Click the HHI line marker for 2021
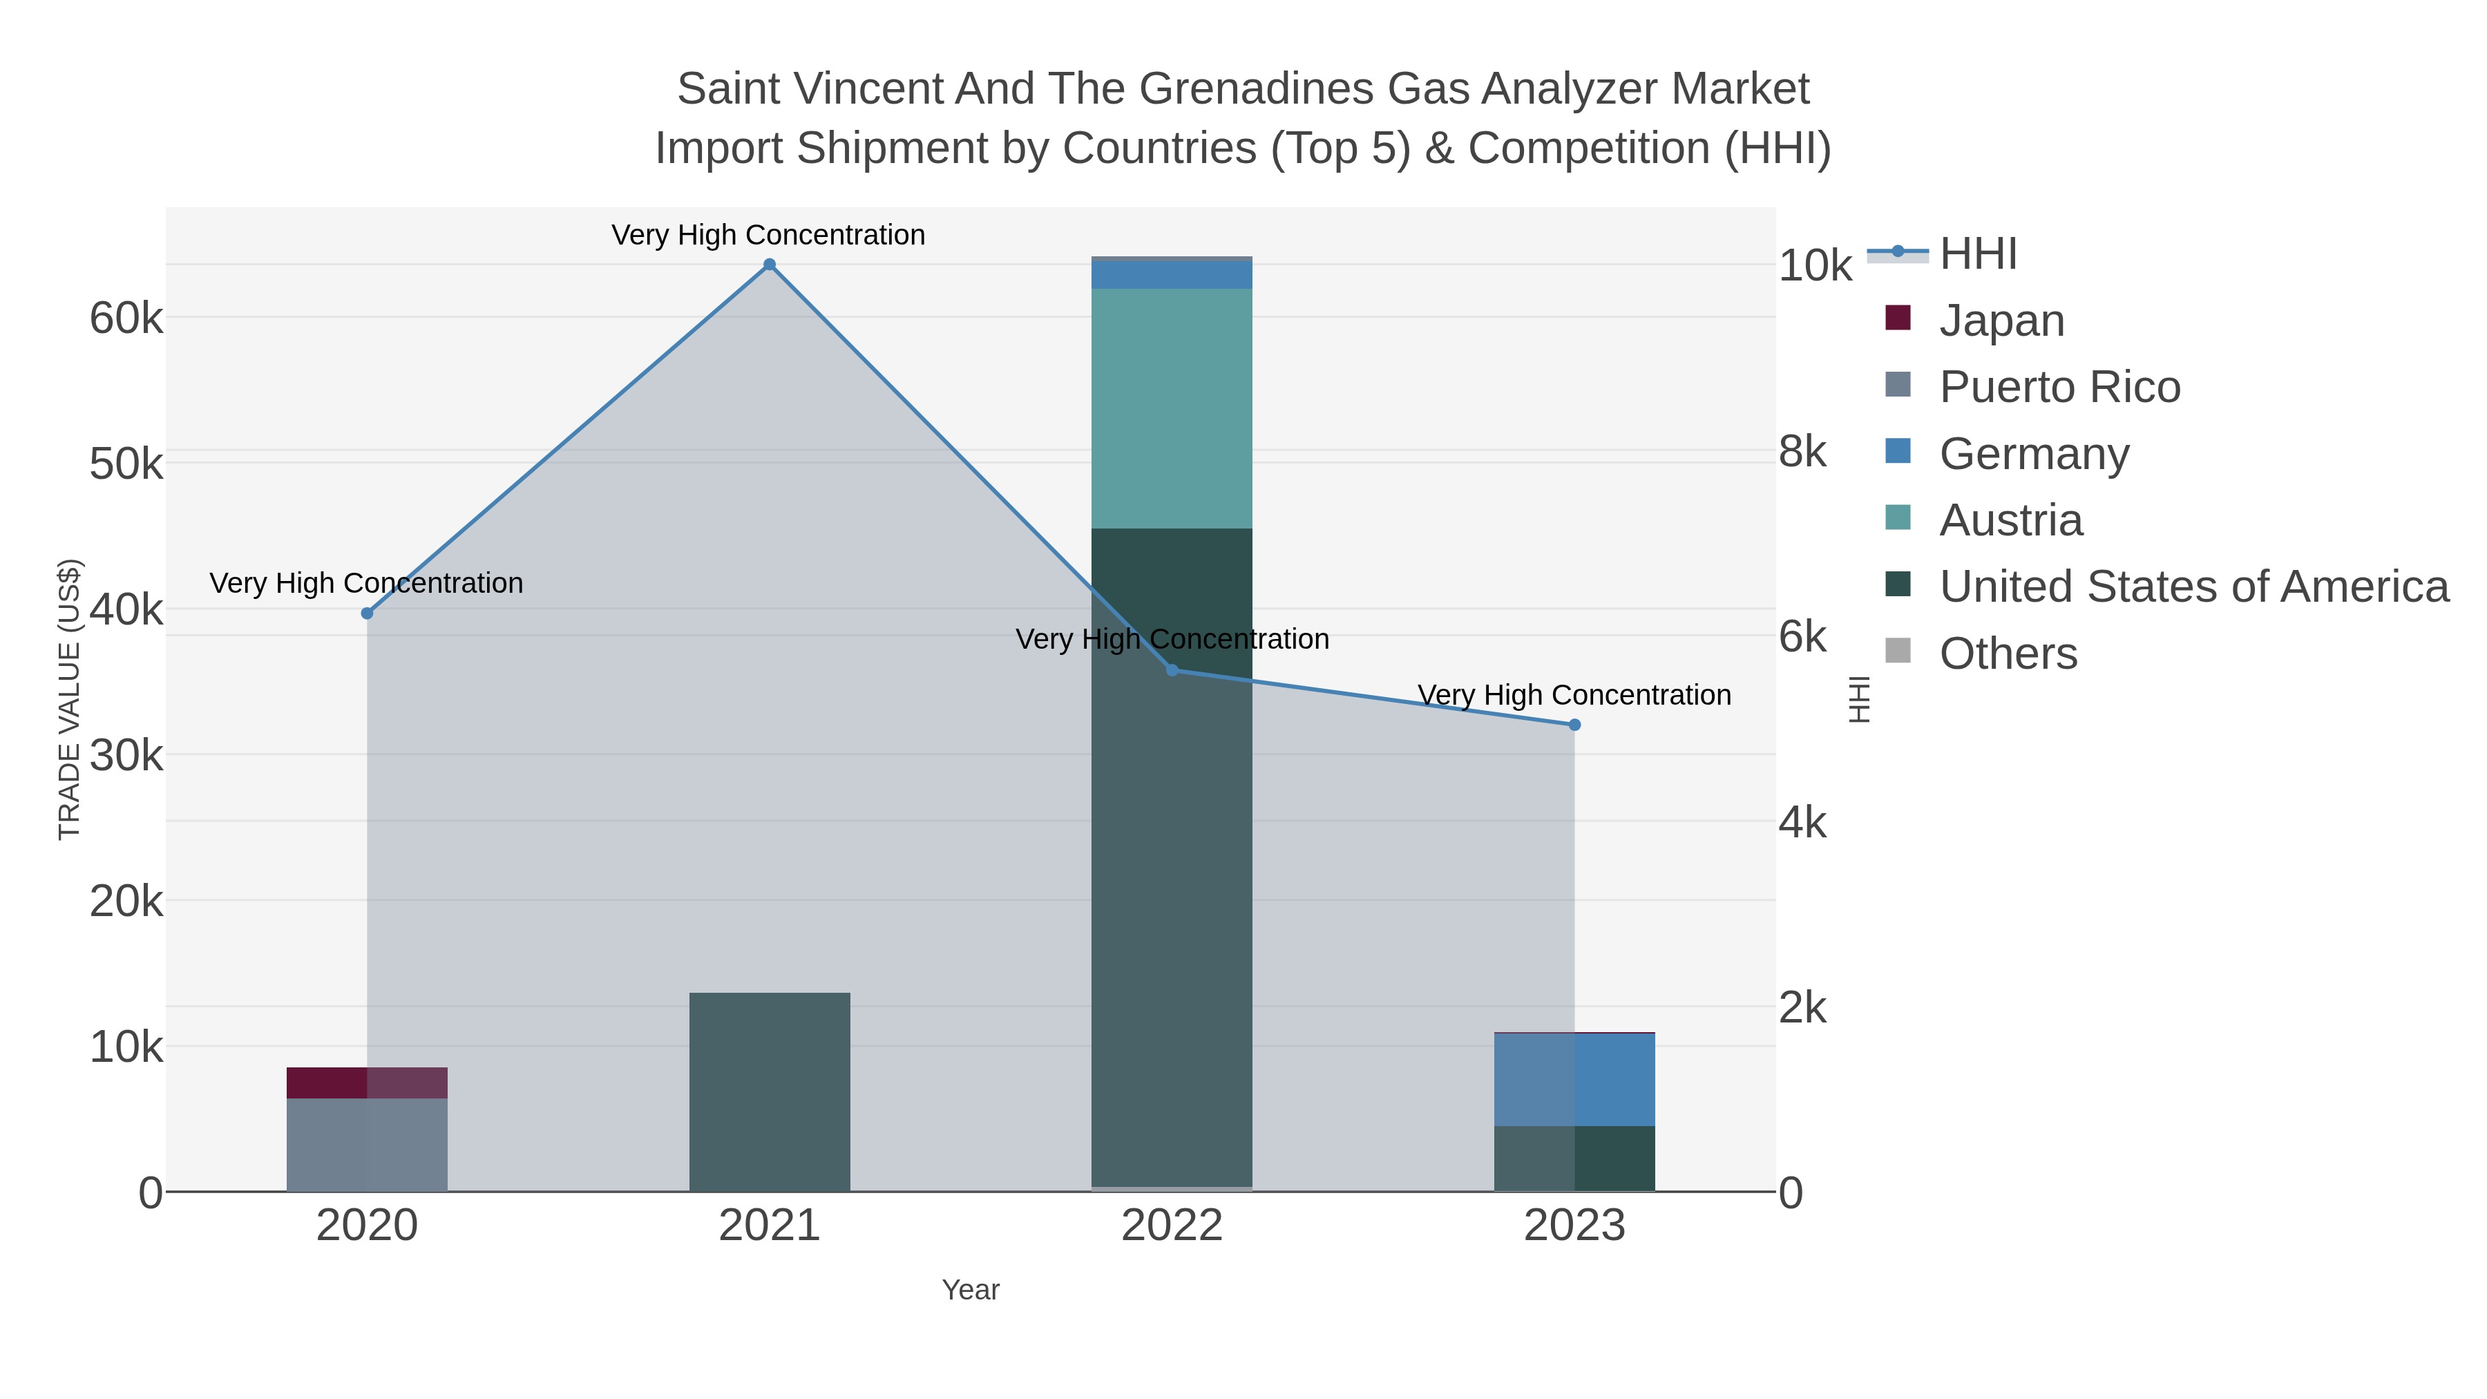770,265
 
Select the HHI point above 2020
367,613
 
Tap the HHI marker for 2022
1172,670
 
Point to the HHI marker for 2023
1574,725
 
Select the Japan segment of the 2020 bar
367,1083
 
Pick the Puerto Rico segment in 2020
367,1144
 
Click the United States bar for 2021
770,1091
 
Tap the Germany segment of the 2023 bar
1574,1079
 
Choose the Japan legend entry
2001,321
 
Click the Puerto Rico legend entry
2059,387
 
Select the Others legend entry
2008,654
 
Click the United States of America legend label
2193,587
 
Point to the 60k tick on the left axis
126,318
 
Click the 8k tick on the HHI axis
1802,452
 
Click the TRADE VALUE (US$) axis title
70,699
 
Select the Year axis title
971,1290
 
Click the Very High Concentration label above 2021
768,236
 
